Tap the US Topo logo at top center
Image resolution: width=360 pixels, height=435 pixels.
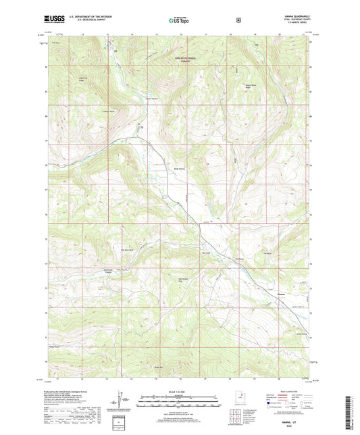[x=180, y=20]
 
